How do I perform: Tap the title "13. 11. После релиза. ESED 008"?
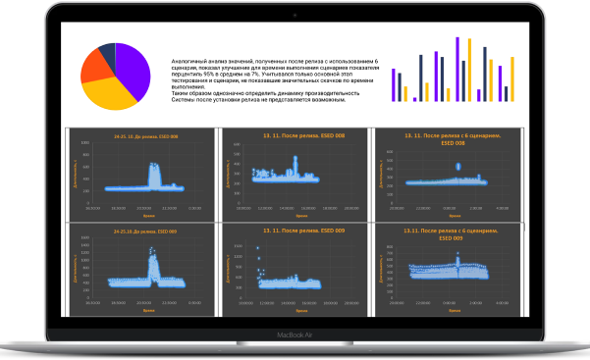[x=291, y=135]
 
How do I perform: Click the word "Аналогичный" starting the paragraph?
[x=189, y=32]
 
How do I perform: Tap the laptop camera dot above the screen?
[x=295, y=7]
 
